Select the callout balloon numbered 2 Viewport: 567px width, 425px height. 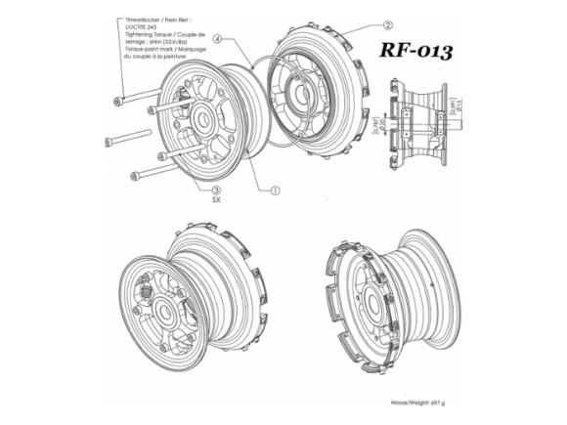click(388, 26)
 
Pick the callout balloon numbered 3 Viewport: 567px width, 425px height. click(217, 191)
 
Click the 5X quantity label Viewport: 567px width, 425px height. click(217, 204)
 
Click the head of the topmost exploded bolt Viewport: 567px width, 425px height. click(118, 101)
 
